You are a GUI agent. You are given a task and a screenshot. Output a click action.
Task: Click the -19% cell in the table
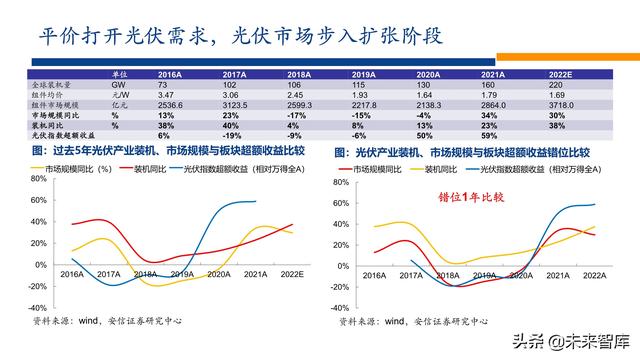(x=233, y=134)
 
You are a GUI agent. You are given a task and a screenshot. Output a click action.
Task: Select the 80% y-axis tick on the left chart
(x=41, y=181)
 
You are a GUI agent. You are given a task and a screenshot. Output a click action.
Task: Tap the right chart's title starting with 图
(x=461, y=152)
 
